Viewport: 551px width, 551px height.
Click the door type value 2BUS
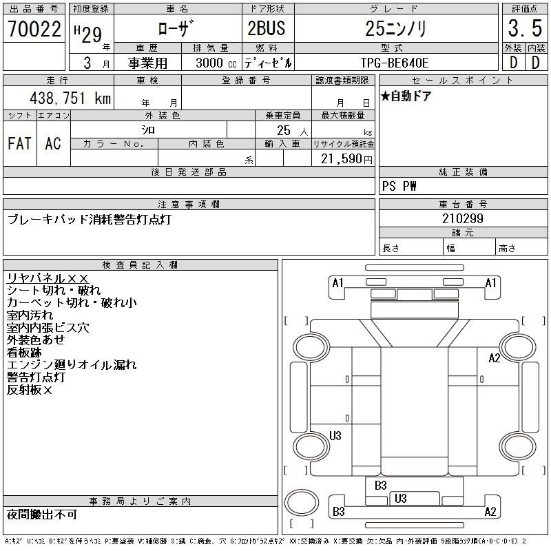point(267,29)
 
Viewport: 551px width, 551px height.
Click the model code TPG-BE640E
point(395,63)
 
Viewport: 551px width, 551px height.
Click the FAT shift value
point(19,144)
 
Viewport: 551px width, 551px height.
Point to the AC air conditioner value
point(53,144)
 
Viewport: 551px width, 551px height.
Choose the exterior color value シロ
point(148,129)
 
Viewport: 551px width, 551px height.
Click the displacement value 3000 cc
point(216,63)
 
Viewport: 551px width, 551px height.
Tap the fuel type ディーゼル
point(268,63)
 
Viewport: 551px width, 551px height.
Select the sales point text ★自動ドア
point(406,96)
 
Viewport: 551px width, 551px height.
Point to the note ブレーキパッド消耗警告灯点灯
point(89,220)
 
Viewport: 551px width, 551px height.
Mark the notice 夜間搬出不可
point(42,514)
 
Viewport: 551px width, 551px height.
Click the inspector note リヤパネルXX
point(48,278)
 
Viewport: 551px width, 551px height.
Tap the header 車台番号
point(463,205)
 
